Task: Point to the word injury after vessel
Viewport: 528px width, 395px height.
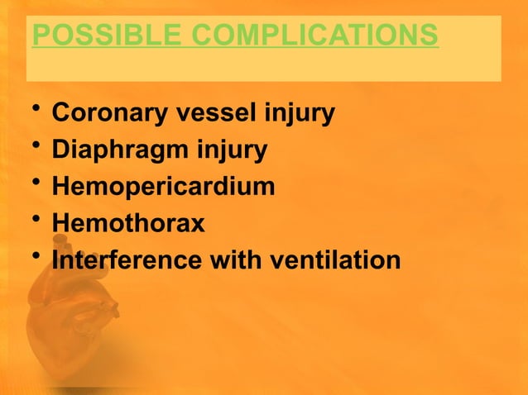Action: coord(300,114)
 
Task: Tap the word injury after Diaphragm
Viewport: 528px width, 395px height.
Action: coord(234,150)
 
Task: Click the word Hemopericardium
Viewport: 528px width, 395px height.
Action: coord(163,187)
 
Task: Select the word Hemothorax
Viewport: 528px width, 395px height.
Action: coord(128,223)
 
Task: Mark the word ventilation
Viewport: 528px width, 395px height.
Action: coord(335,259)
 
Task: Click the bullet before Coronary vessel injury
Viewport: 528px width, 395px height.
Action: coord(31,110)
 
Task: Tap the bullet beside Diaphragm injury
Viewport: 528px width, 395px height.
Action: coord(31,146)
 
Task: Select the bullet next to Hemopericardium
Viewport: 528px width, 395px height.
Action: coord(31,183)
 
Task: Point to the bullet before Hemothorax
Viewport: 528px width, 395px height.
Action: coord(31,219)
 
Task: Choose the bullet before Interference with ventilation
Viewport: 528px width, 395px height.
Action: coord(31,255)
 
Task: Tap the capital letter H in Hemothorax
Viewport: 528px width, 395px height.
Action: coord(60,223)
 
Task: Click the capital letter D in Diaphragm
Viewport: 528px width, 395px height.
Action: coord(60,150)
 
